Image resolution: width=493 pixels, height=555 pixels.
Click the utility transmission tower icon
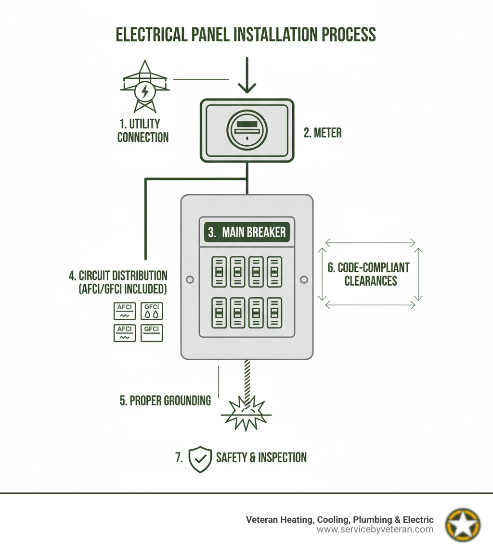[144, 87]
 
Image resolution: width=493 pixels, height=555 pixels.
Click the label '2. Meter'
[322, 133]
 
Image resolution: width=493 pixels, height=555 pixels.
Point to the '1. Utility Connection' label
[143, 131]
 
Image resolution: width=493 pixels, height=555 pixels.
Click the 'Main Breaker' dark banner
[246, 232]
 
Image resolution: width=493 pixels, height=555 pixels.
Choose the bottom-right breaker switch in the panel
[274, 313]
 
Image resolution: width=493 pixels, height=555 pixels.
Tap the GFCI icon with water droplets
[152, 311]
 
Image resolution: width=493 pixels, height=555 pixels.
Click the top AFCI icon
[125, 311]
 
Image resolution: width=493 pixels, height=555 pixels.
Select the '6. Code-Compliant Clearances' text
[369, 274]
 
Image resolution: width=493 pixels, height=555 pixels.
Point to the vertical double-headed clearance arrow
[418, 274]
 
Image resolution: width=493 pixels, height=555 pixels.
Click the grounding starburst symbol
[246, 413]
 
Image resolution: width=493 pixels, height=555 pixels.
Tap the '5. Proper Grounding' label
[165, 400]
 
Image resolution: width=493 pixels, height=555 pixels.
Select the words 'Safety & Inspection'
[261, 457]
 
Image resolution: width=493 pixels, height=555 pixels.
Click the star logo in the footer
[463, 524]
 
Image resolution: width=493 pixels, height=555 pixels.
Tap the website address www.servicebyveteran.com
[375, 530]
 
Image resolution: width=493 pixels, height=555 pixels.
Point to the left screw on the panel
[190, 279]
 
